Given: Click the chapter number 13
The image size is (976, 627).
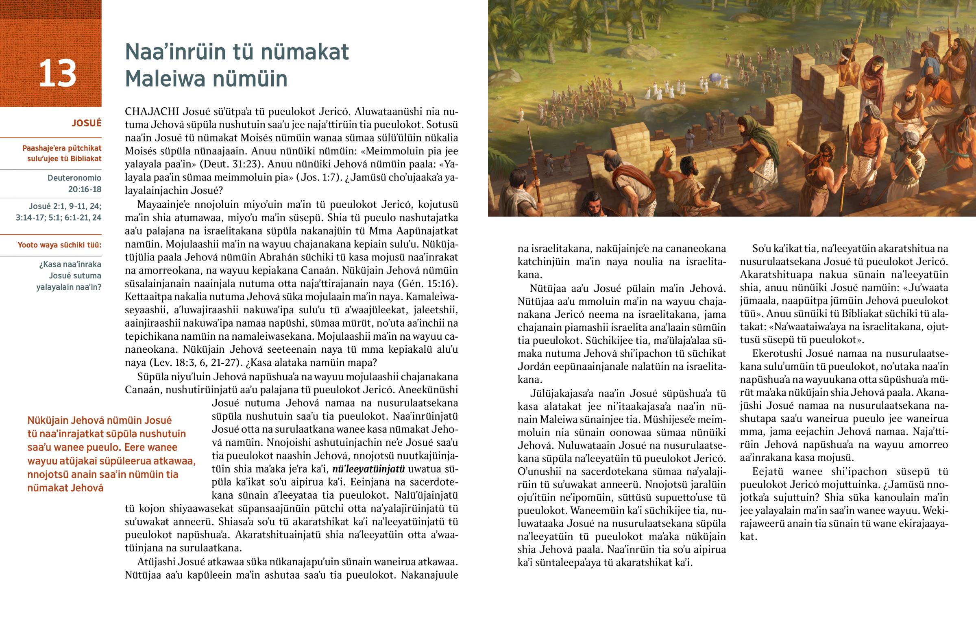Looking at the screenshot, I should [x=57, y=74].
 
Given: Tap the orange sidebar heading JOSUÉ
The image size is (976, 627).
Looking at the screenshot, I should [x=86, y=124].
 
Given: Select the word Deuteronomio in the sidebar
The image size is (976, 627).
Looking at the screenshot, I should [x=74, y=178].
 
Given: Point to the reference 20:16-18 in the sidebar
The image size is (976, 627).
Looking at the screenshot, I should [x=85, y=189].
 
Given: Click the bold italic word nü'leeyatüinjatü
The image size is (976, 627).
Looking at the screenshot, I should [x=369, y=469].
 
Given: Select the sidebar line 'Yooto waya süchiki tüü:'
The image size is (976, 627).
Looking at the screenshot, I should [x=59, y=245].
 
